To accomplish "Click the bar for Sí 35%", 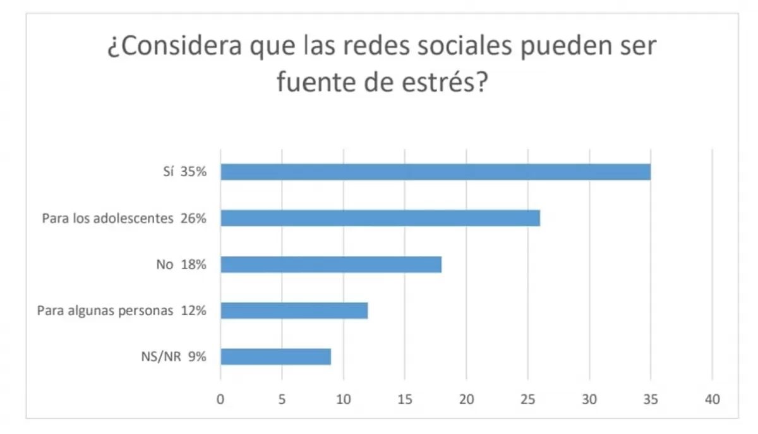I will (x=435, y=172).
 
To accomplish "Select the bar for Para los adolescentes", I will (x=380, y=218).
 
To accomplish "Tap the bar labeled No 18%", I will (x=331, y=264).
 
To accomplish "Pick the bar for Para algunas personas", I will (x=294, y=310).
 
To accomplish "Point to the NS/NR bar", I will (x=275, y=357).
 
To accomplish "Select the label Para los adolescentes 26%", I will (x=124, y=219).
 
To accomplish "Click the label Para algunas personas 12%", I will (x=121, y=311).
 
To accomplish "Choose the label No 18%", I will (x=181, y=265).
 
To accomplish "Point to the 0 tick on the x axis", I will (x=220, y=399).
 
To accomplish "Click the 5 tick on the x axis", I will (x=282, y=399).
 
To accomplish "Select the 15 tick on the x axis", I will (x=405, y=399).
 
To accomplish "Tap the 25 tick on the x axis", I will (x=528, y=399).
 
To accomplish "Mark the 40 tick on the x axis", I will (x=713, y=399).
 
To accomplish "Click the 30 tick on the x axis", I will (x=589, y=399).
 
